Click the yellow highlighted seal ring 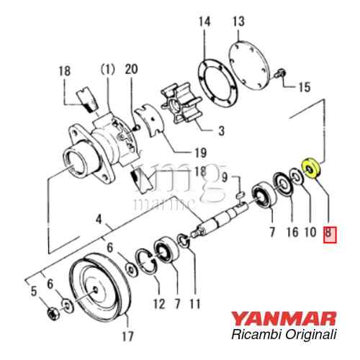(x=311, y=168)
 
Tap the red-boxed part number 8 (x=330, y=235)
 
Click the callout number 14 (x=204, y=22)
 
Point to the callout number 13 (x=238, y=21)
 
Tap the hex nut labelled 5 (x=53, y=314)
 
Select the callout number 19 (x=200, y=153)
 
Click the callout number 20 (x=131, y=69)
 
